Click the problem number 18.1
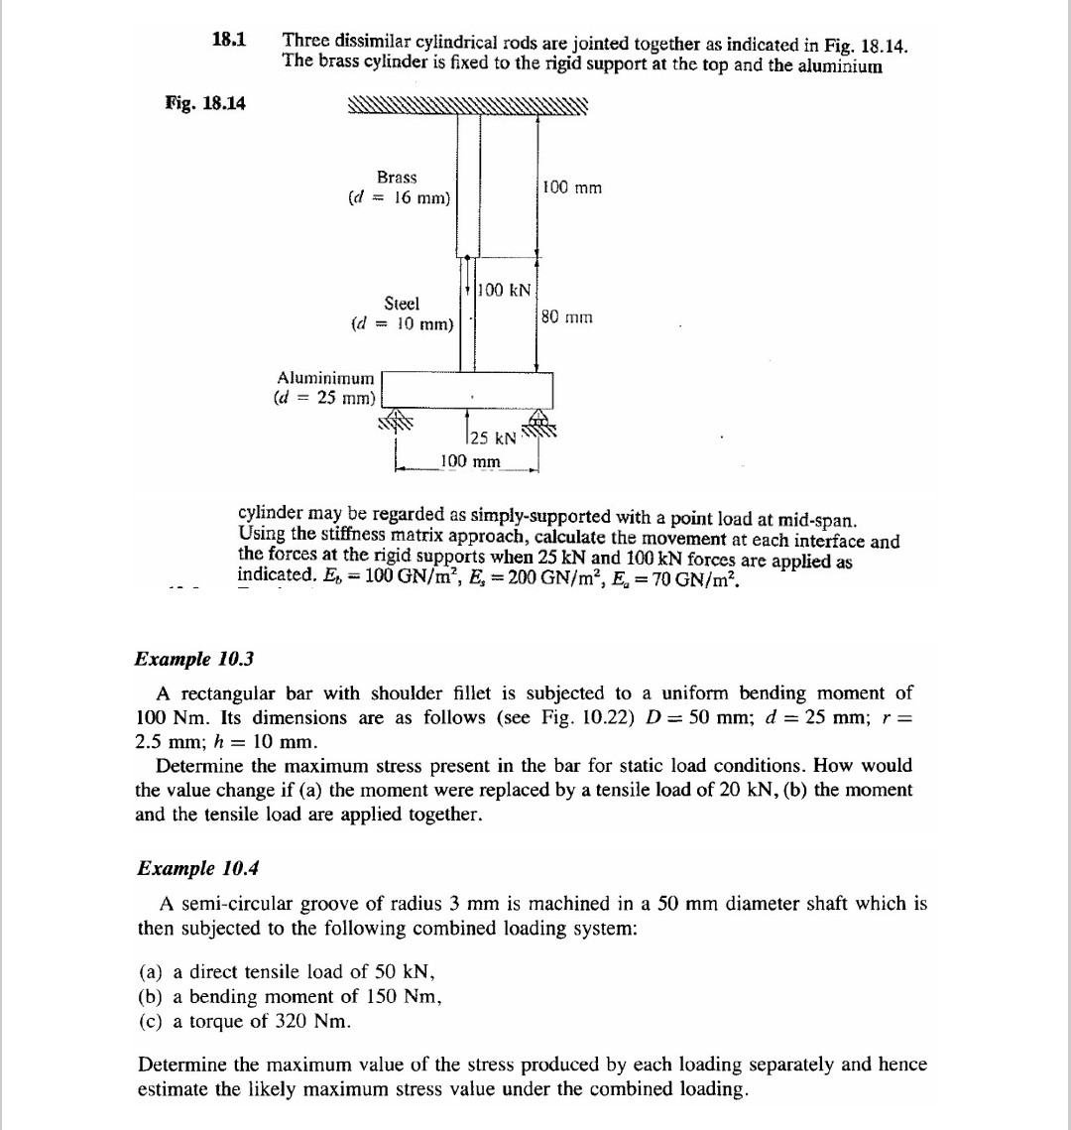[x=229, y=41]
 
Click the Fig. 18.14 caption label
[x=205, y=103]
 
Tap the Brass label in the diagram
[x=397, y=177]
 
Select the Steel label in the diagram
[x=402, y=303]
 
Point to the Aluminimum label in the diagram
[x=326, y=378]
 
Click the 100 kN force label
[x=504, y=291]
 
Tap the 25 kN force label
[x=493, y=438]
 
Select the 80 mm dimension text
[x=567, y=317]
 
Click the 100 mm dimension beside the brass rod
[x=572, y=188]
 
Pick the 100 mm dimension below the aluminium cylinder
[x=470, y=461]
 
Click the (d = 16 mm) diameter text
[x=400, y=197]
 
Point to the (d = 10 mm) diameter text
[x=403, y=323]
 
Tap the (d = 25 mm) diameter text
[x=324, y=398]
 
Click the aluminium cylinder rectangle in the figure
[x=467, y=389]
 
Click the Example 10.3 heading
[x=187, y=660]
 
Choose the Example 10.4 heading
[x=187, y=868]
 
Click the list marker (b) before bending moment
[x=151, y=996]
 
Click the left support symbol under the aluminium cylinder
[x=395, y=420]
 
